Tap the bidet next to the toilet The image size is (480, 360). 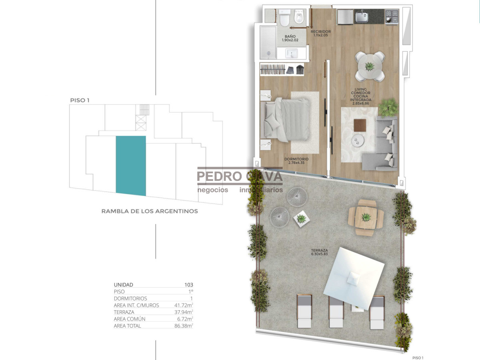pos(298,18)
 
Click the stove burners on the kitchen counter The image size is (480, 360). pos(392,16)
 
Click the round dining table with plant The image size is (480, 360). pos(370,66)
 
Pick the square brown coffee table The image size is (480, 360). pos(360,126)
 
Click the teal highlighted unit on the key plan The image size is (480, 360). pos(131,165)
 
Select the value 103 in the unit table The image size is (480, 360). pos(188,285)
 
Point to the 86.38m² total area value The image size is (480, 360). pos(184,326)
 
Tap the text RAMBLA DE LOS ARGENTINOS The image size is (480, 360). pos(150,211)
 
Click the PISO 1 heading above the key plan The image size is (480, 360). pos(80,100)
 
